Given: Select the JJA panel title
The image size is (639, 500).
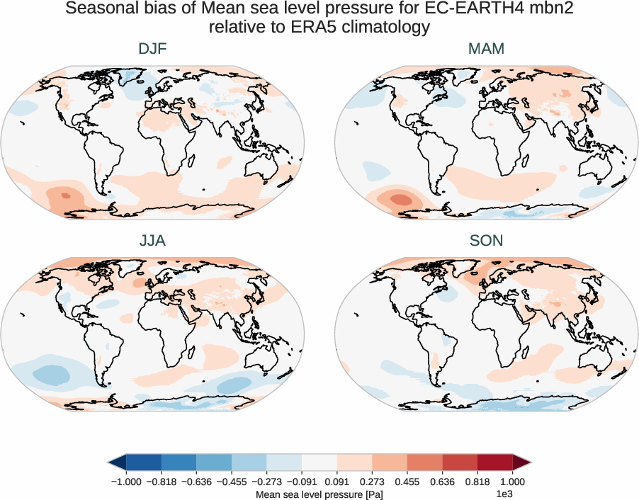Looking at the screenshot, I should click(x=152, y=241).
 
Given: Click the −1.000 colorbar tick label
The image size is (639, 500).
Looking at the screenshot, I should click(x=125, y=481).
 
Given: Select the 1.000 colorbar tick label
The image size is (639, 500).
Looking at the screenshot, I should click(x=513, y=481).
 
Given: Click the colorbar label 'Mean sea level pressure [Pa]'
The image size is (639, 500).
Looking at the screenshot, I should click(x=319, y=494).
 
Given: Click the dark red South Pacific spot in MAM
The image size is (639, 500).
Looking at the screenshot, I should click(x=399, y=199).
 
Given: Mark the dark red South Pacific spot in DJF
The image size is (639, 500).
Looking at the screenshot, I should click(x=66, y=195).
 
